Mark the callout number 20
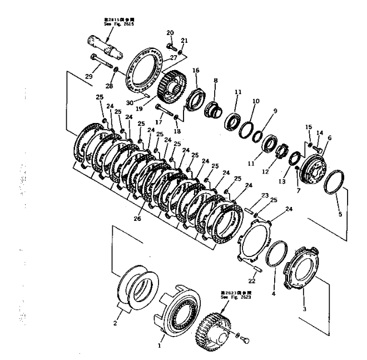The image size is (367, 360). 170,32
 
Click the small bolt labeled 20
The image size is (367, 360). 171,46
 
